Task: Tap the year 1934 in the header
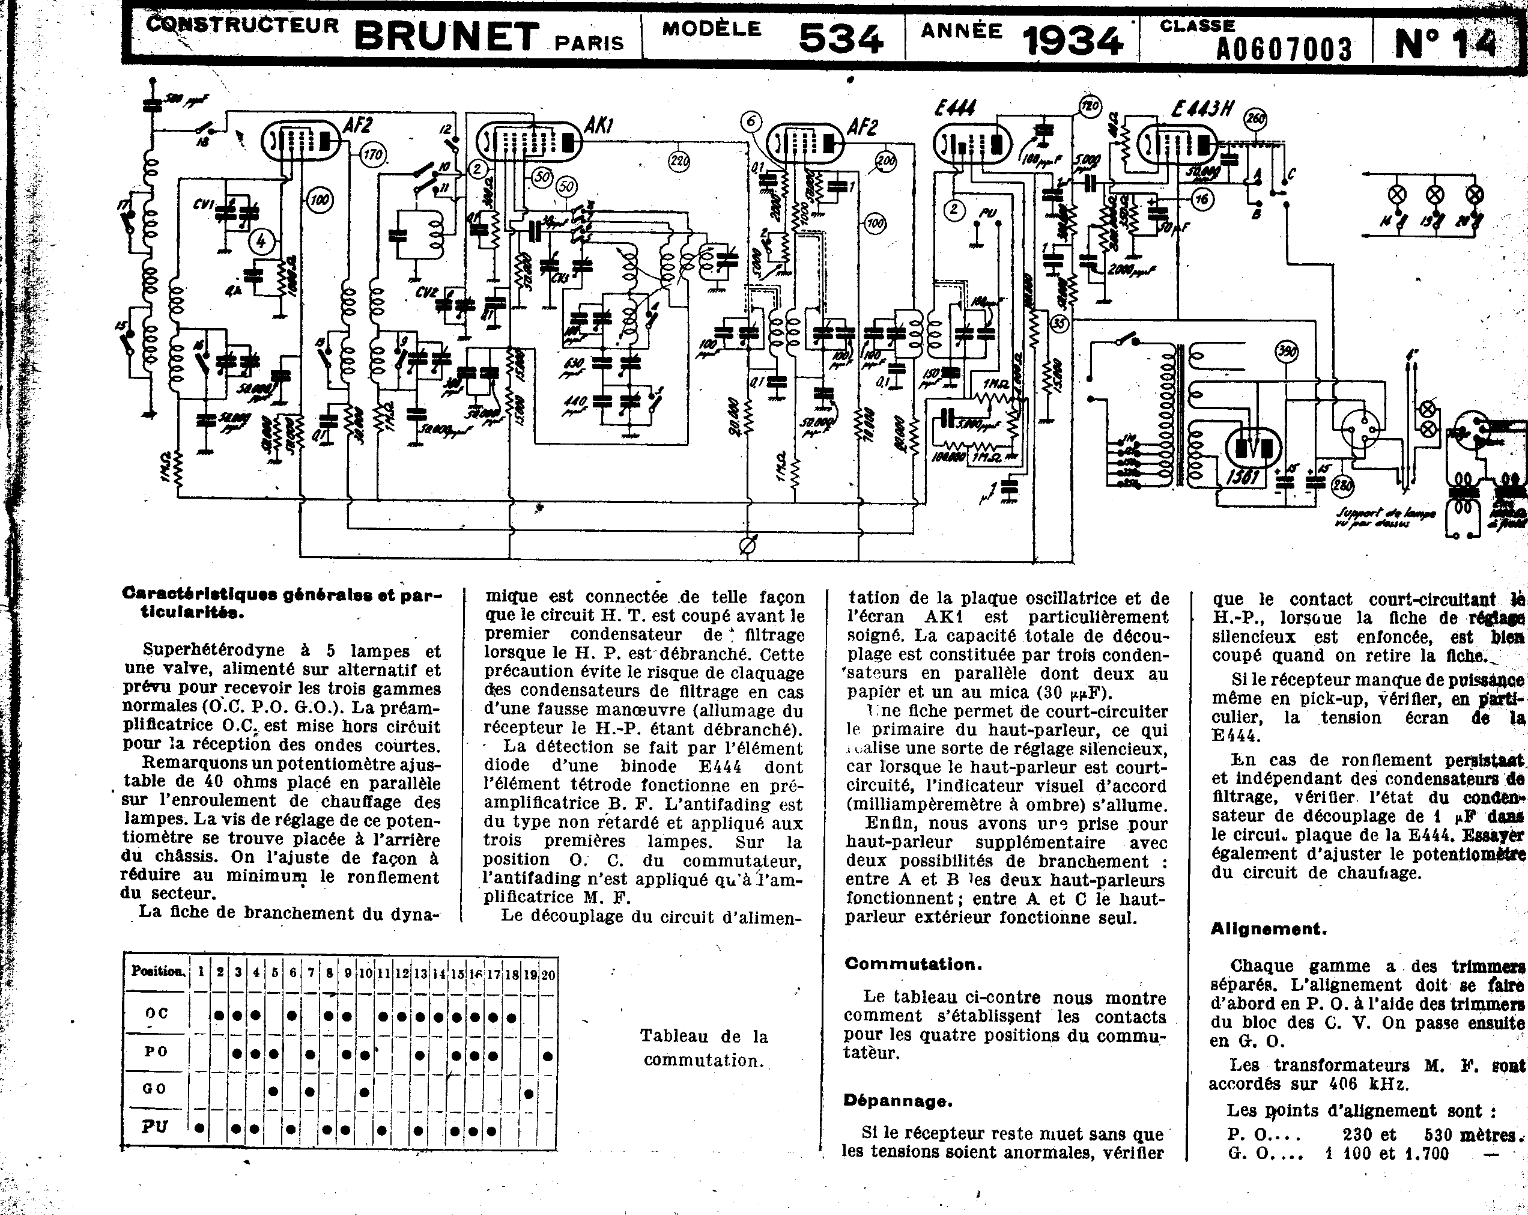pos(1073,40)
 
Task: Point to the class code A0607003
pos(1284,49)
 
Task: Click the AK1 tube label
pos(599,127)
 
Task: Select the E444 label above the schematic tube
pos(954,108)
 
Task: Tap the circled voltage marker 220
pos(679,162)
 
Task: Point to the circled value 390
pos(1287,352)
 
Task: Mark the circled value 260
pos(1256,119)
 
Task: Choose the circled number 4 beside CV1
pos(261,242)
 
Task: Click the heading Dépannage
pos(897,1101)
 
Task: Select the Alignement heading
pos(1269,928)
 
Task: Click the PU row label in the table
pos(154,1127)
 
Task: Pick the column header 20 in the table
pos(548,975)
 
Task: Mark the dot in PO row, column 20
pos(548,1056)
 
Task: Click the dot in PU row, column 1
pos(201,1128)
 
